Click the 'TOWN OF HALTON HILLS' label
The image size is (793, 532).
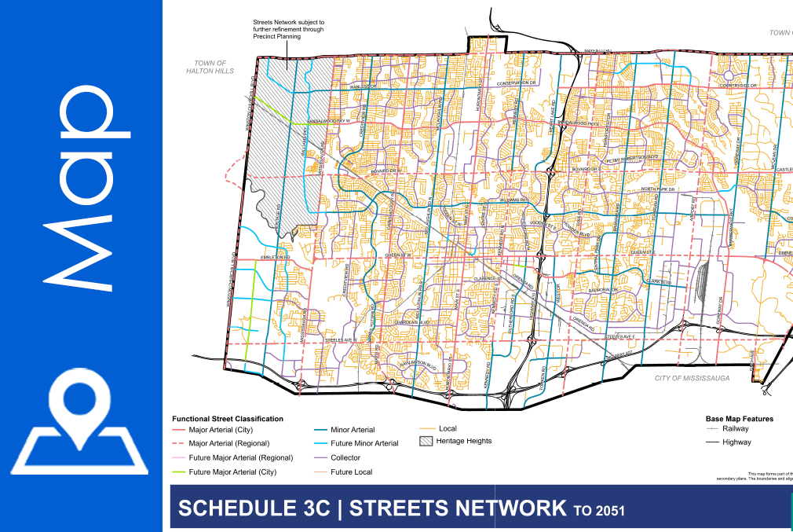210,67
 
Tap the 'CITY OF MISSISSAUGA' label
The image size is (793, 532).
693,378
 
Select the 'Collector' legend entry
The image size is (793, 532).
345,457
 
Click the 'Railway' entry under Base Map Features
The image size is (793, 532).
736,429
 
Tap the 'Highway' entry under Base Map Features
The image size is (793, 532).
736,442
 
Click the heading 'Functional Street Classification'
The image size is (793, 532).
228,419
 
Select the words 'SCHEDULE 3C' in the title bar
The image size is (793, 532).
256,508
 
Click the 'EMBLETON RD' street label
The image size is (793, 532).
276,258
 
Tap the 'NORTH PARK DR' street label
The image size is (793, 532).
658,189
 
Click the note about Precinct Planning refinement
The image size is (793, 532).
287,30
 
